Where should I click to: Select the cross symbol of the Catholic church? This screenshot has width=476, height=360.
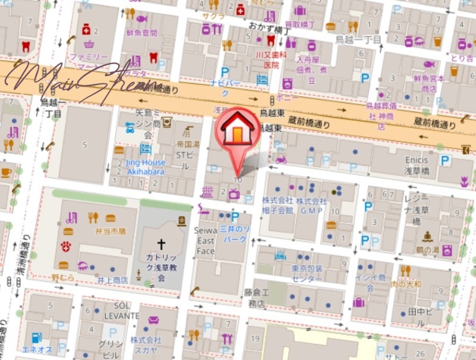161,244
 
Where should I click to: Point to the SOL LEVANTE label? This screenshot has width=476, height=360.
122,310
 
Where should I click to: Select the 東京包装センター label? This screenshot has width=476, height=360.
307,274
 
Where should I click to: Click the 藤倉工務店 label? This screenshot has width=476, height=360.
257,298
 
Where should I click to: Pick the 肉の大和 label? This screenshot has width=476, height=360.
406,284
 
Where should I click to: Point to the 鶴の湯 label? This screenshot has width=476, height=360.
427,250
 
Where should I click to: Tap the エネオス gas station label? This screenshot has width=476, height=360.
38,349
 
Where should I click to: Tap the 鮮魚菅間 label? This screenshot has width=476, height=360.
142,33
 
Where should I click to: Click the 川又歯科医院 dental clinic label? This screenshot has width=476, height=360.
271,60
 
